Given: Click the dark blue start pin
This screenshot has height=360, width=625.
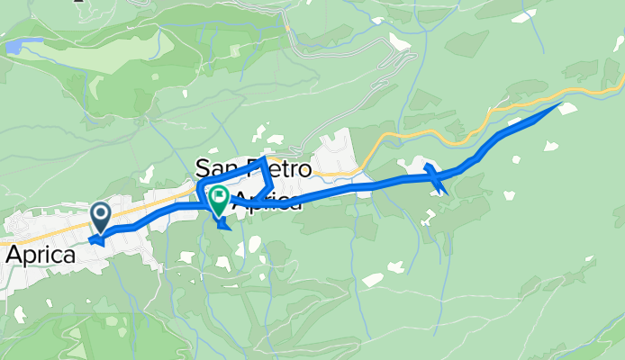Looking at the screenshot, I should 100,215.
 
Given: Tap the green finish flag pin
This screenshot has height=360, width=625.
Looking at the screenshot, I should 218,197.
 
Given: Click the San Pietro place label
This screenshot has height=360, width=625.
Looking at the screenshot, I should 253,168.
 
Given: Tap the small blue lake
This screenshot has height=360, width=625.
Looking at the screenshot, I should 23,44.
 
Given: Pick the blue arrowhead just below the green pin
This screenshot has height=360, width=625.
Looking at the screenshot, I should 224,224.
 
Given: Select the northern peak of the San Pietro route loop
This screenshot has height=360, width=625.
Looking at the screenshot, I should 263,157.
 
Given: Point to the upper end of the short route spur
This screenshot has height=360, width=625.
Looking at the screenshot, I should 426,165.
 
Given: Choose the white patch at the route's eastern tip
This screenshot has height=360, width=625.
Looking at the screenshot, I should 568,109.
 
